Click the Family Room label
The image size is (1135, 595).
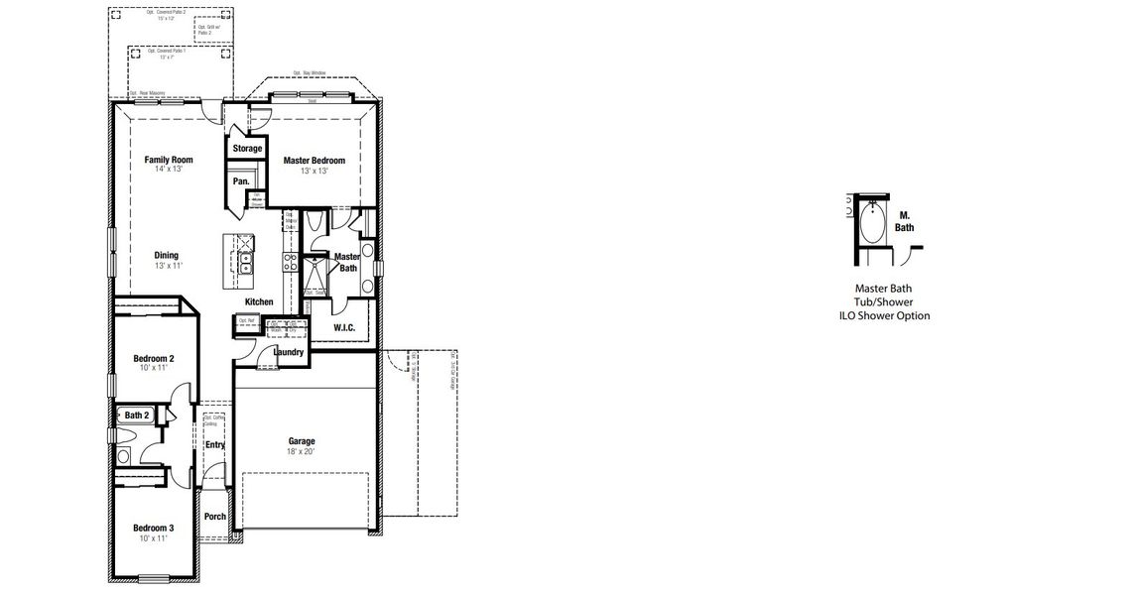(168, 160)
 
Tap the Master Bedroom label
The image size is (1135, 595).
(314, 161)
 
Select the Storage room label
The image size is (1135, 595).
(247, 149)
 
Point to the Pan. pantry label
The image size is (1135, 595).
(241, 181)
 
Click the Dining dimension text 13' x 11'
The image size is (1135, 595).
(167, 267)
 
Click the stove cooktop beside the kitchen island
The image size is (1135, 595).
(291, 261)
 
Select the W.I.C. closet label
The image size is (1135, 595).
(344, 326)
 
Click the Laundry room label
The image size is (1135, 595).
(288, 352)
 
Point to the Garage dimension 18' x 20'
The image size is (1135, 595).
(302, 452)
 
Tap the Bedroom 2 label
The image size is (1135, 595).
(154, 358)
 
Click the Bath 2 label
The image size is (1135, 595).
(137, 416)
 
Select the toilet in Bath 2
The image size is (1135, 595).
(125, 456)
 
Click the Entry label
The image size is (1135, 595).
(214, 445)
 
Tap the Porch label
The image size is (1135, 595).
(214, 517)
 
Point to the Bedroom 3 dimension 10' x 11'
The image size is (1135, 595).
(154, 538)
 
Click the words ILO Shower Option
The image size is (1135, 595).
(884, 316)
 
